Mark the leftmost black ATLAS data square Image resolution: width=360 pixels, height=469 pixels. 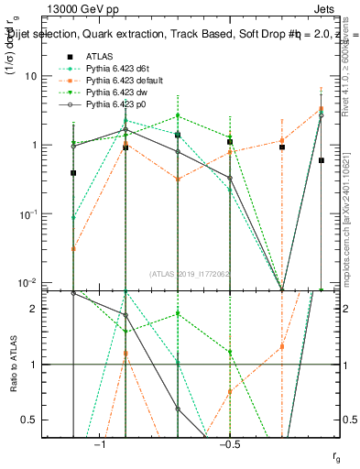73,172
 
